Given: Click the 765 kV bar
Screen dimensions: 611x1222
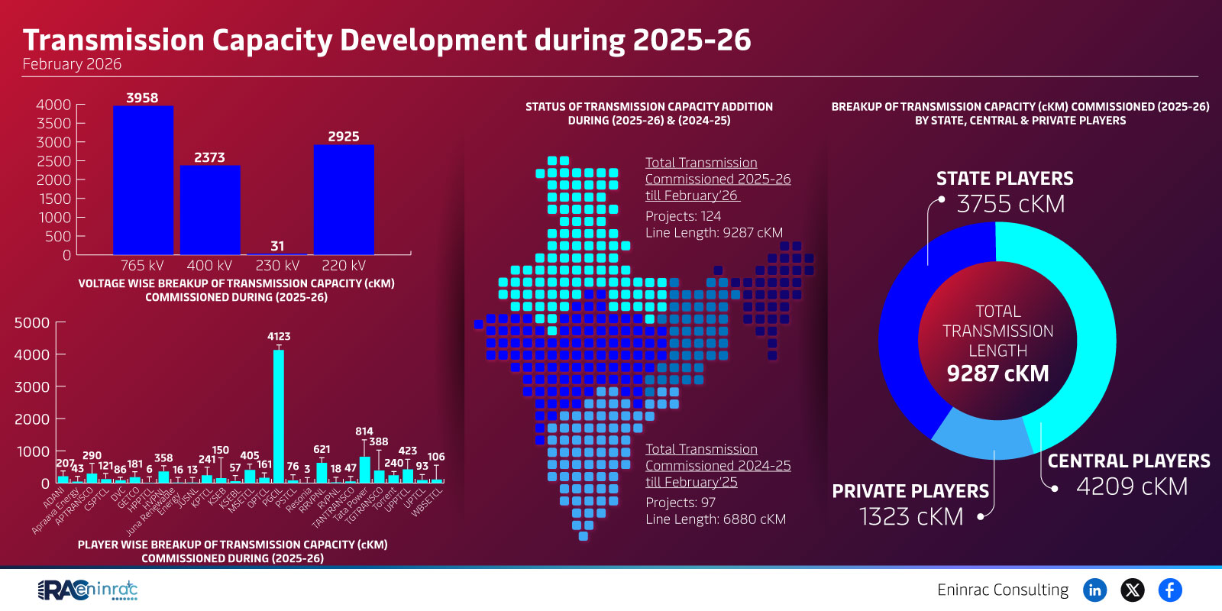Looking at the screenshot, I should (x=143, y=180).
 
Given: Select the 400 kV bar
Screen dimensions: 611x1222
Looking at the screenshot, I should (x=210, y=210).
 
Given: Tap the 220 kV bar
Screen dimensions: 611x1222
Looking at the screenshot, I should (x=344, y=199).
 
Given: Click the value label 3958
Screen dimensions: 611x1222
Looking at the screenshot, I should (x=142, y=98).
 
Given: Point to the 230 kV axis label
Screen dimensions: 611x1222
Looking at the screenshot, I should (x=277, y=265).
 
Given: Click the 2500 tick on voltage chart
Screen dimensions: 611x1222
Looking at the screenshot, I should (x=53, y=161).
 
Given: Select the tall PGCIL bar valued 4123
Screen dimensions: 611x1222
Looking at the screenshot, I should (x=279, y=416).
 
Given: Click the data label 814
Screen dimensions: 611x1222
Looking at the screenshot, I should (x=364, y=432).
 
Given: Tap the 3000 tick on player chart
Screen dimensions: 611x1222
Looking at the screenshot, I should (x=32, y=387).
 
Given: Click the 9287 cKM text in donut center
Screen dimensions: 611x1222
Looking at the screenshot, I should (x=997, y=373).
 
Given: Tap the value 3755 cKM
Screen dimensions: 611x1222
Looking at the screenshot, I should (x=1010, y=204).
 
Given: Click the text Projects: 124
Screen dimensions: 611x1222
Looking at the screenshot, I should (x=683, y=216).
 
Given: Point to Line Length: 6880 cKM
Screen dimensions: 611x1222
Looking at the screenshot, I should (x=715, y=519).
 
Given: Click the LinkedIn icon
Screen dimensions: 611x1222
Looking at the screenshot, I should (x=1094, y=590).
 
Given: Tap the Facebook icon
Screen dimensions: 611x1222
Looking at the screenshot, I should (x=1169, y=590).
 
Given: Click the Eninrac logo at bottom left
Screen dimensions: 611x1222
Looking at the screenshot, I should (x=88, y=590).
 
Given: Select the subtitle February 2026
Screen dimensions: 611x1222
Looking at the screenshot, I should (x=72, y=64).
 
